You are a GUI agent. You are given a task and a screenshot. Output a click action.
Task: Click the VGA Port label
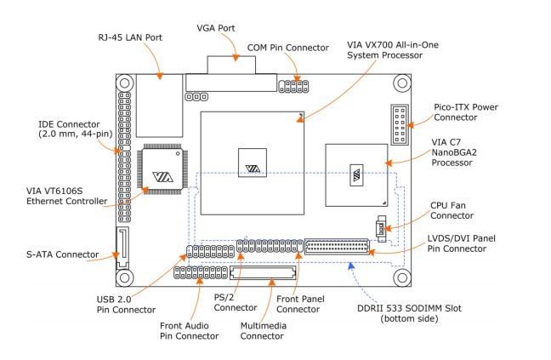(x=216, y=28)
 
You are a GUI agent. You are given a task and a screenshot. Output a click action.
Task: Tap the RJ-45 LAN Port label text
(x=130, y=37)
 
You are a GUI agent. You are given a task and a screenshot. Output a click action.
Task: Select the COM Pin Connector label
(x=288, y=48)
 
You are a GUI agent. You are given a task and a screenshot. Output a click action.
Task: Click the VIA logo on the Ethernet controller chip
(x=162, y=176)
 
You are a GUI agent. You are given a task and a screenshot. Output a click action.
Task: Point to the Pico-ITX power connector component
(x=400, y=125)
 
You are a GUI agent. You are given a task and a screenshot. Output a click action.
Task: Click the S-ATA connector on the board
(x=122, y=248)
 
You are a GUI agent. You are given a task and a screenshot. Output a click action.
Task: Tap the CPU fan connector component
(x=381, y=229)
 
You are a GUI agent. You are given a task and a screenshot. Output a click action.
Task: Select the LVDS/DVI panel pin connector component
(x=337, y=247)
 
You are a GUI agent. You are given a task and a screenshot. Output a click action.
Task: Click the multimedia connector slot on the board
(x=263, y=273)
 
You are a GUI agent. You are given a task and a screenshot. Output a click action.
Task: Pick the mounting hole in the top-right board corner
(x=402, y=83)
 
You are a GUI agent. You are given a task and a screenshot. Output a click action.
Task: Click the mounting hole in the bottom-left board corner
(x=125, y=277)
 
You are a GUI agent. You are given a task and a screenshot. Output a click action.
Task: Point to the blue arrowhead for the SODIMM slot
(x=350, y=266)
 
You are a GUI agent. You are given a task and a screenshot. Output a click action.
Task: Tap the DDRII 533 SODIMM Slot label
(x=409, y=313)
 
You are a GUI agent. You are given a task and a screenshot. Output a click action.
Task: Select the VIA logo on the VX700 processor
(x=253, y=169)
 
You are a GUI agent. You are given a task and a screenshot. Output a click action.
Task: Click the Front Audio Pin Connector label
(x=189, y=331)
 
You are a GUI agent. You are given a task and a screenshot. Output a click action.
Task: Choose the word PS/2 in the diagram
(x=224, y=297)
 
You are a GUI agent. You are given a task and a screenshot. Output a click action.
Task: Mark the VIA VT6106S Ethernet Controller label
(x=67, y=197)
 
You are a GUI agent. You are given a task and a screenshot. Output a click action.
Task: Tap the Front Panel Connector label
(x=300, y=304)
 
